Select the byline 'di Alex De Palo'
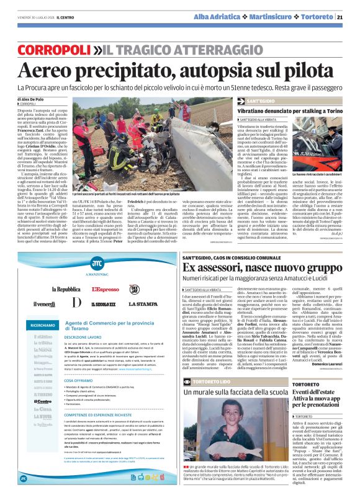(x=30, y=99)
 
